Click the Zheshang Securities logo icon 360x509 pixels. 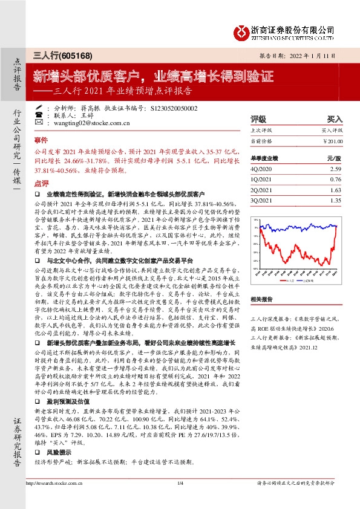pos(241,31)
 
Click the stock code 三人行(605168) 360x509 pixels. pos(62,56)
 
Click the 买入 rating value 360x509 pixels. pos(335,119)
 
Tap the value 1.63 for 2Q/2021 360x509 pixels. pos(336,189)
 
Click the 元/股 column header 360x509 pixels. pos(334,158)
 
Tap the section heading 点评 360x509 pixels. pos(41,182)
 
